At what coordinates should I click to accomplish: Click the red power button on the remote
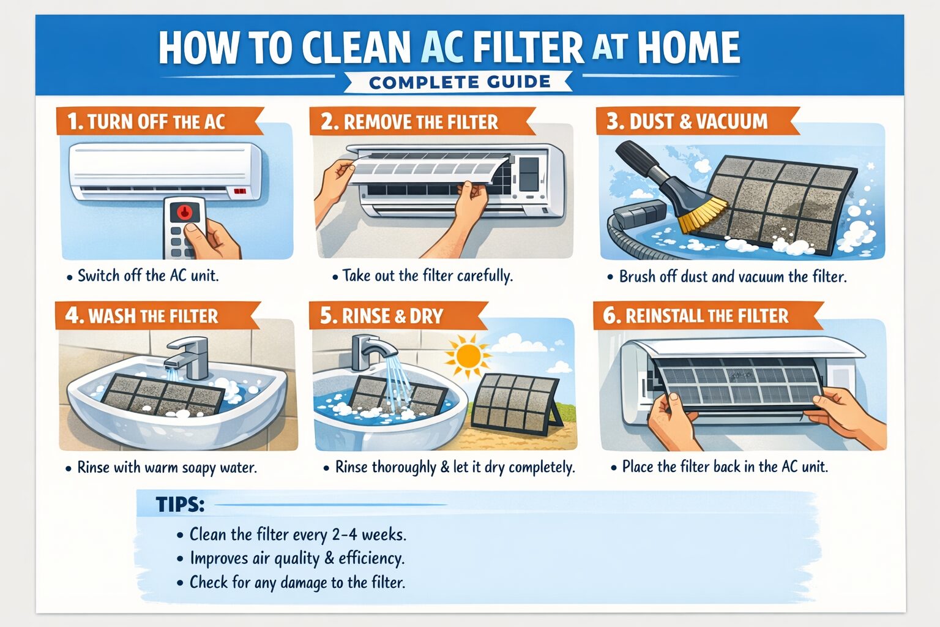coord(184,212)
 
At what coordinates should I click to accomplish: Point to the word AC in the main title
coord(442,48)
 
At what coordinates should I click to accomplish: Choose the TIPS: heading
coord(179,505)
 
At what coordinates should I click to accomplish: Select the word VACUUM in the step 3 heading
coord(732,121)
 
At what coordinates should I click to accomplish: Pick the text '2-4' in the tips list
coord(345,535)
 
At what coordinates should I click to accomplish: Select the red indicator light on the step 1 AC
coord(239,192)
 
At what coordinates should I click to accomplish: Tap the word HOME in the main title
coord(688,48)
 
